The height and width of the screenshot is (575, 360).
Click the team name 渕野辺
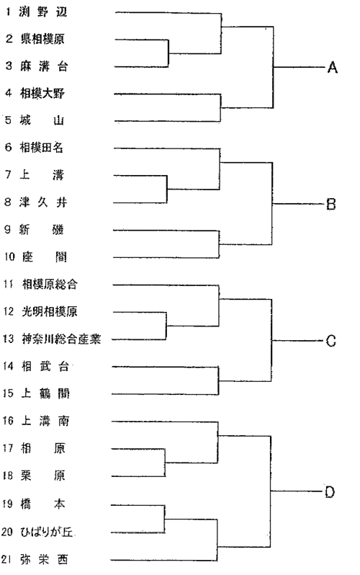click(x=43, y=12)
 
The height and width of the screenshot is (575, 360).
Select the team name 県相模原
click(x=42, y=39)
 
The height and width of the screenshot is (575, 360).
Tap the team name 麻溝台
click(x=44, y=66)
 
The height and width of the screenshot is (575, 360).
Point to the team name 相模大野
click(x=42, y=94)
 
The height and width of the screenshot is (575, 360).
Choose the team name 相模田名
click(x=42, y=148)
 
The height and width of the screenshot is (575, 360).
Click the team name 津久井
click(x=43, y=202)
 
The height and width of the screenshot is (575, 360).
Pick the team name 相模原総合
click(x=50, y=284)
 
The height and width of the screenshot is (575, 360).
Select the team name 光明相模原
click(x=50, y=312)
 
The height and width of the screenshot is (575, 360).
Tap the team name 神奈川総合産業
click(x=61, y=339)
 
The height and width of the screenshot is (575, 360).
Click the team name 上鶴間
click(x=45, y=393)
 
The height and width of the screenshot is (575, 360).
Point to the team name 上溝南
click(x=45, y=421)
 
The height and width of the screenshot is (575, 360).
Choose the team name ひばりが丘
click(x=46, y=532)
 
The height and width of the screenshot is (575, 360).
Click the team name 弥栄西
click(x=44, y=560)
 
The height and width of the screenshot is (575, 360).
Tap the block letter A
click(x=332, y=68)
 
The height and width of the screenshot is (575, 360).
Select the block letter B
click(x=331, y=204)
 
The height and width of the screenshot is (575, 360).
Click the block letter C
click(x=331, y=341)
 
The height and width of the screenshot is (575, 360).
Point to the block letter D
click(x=330, y=491)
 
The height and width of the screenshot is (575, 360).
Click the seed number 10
click(x=9, y=257)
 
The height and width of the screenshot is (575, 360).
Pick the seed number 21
click(x=6, y=560)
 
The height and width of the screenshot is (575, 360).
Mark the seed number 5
click(x=8, y=120)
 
